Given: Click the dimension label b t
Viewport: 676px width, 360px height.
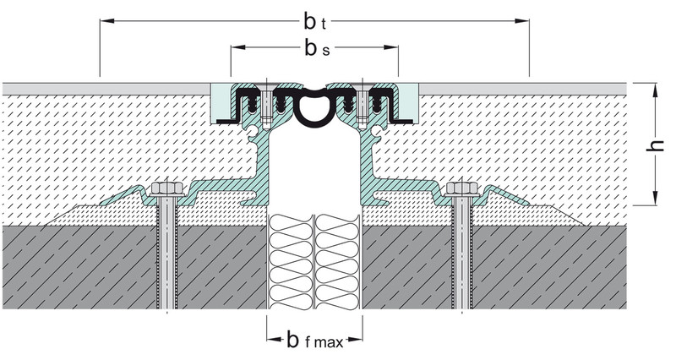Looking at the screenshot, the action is pos(314,22).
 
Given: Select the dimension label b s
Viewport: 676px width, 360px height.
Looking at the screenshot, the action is pos(317,48).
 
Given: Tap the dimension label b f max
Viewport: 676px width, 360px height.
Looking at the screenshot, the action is pos(314,341).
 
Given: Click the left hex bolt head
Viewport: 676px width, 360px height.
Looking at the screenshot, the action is pos(166,189).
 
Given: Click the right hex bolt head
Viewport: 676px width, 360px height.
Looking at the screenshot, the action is pos(462,189).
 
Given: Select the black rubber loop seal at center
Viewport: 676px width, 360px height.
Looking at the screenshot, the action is pos(314,108).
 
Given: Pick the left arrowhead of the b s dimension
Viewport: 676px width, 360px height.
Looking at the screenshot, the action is pos(238,47).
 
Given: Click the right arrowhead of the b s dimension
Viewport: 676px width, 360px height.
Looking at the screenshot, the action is pos(390,47).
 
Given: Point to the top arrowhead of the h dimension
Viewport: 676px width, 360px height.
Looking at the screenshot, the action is pos(655,90).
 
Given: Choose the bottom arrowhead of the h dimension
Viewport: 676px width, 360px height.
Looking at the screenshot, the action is pos(655,198).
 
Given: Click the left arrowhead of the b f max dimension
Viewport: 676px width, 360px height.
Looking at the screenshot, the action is pos(274,340).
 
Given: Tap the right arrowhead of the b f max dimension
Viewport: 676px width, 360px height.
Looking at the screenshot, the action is pos(355,340).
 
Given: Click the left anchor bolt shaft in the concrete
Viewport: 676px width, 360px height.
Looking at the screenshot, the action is pos(166,253).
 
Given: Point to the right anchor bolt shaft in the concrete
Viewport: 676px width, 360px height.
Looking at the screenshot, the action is pos(462,253).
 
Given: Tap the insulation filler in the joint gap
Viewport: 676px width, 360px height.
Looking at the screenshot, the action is pos(314,262).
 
